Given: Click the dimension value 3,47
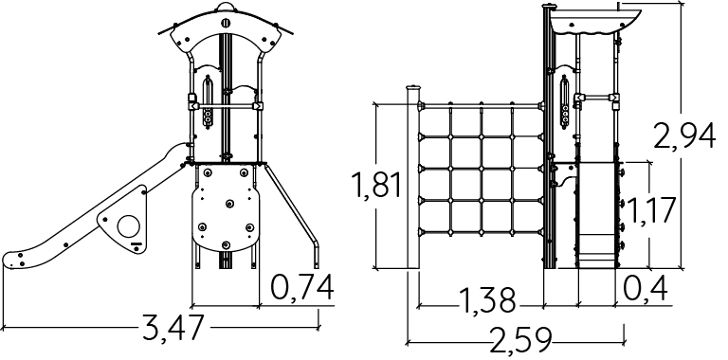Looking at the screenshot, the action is click(173, 328).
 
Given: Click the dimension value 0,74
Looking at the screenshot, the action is click(302, 288).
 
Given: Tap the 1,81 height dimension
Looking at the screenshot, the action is click(377, 185).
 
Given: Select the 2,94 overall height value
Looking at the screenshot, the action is click(683, 136).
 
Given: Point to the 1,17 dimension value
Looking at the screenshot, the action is click(650, 210).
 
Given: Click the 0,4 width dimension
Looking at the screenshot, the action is click(645, 288).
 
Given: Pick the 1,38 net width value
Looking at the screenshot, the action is click(487, 300).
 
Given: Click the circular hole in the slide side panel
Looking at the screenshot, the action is click(128, 226).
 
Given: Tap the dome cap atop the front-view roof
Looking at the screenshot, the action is click(226, 7).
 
